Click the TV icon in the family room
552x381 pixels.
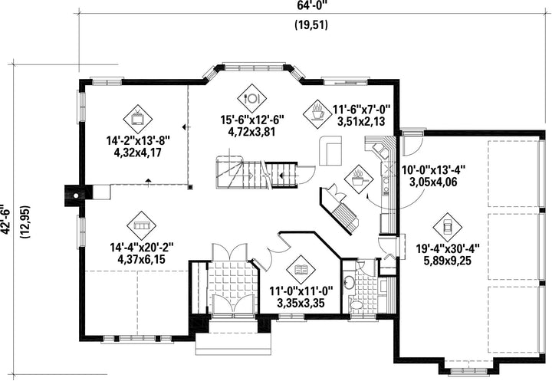138,119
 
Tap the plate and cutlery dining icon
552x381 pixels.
251,99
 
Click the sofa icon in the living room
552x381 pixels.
142,225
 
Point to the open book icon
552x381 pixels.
301,270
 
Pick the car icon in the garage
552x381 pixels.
448,227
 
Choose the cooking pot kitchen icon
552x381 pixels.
359,179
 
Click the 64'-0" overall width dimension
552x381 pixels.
310,5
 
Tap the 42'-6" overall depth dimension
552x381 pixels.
6,218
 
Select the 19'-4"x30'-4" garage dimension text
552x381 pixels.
448,249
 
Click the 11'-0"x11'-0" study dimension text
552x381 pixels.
301,291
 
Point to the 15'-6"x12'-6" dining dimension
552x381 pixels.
252,120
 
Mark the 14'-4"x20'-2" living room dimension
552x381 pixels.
142,247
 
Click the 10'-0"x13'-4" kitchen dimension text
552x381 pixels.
433,170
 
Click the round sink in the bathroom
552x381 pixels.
350,282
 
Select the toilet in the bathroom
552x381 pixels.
356,305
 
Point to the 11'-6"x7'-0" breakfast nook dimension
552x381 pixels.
361,110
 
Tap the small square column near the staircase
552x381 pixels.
190,187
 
